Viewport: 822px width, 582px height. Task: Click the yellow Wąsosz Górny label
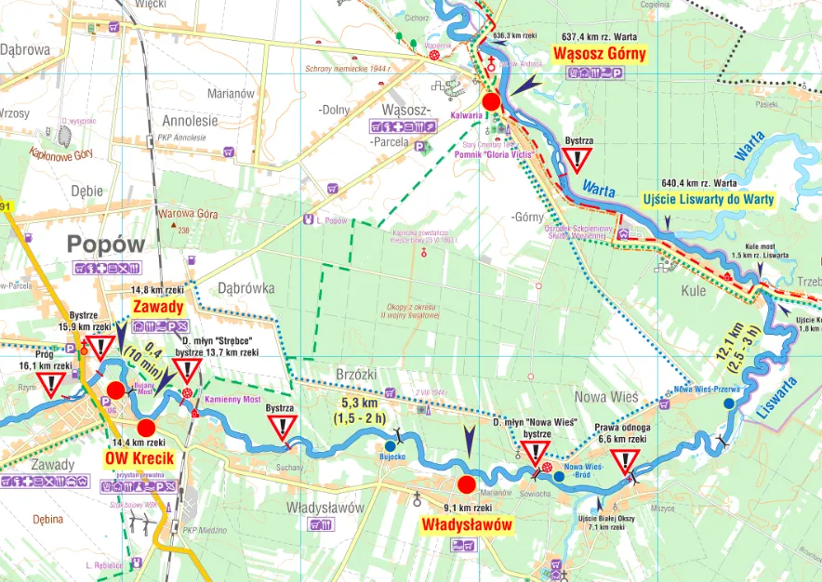point(599,54)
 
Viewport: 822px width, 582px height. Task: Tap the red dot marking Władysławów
point(467,484)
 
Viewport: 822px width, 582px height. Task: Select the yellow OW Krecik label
point(139,458)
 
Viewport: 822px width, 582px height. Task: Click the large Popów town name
point(107,245)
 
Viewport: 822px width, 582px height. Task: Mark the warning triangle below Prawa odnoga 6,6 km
point(626,462)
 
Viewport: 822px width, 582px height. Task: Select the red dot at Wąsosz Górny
point(492,101)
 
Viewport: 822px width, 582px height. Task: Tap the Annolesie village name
point(189,121)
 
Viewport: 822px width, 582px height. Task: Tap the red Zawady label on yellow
point(159,306)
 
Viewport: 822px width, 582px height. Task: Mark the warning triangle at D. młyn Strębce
point(188,373)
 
